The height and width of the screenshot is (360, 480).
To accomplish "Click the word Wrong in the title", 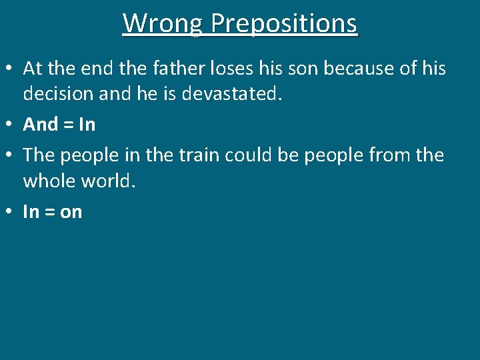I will (163, 23).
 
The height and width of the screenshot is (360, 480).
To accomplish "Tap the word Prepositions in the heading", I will (284, 24).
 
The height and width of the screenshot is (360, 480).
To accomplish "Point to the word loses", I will (231, 68).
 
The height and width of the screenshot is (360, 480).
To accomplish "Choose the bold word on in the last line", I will (71, 213).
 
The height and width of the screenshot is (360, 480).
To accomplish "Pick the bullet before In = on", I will (10, 213).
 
